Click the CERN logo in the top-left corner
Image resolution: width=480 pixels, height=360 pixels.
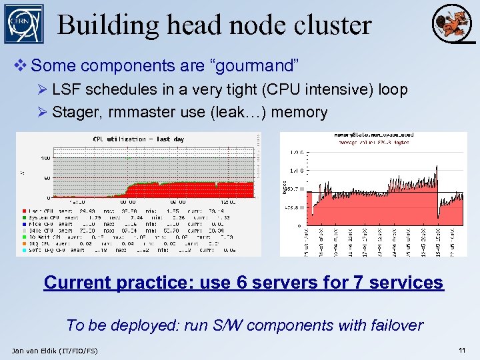[x=23, y=23]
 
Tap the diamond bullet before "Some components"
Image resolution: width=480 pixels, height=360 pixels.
[x=21, y=66]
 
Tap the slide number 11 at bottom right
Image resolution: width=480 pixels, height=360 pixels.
[x=462, y=350]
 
